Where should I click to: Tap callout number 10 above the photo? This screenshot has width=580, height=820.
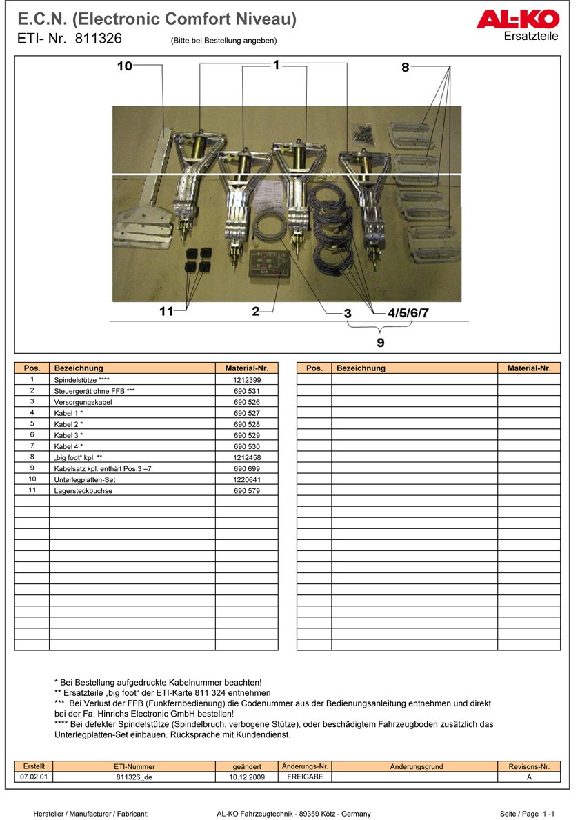click(124, 66)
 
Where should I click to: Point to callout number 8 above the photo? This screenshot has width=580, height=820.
click(406, 67)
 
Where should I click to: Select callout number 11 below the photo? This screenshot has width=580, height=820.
click(166, 311)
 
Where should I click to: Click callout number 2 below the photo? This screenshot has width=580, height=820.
click(255, 312)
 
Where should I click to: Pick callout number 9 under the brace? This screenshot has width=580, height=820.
click(380, 342)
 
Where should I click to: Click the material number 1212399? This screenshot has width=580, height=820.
click(246, 380)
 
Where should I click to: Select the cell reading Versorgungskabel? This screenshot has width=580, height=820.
click(83, 402)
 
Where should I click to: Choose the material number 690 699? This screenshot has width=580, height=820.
click(246, 468)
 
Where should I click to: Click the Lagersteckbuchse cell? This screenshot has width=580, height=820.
click(83, 490)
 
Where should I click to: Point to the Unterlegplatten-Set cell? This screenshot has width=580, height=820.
click(85, 479)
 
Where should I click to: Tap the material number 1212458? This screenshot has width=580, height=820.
click(246, 457)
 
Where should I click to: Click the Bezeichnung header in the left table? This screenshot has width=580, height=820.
click(79, 368)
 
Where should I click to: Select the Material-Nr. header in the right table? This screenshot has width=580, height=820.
click(529, 368)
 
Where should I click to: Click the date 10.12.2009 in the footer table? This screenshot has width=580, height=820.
click(247, 777)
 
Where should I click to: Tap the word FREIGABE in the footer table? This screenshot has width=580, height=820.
click(304, 777)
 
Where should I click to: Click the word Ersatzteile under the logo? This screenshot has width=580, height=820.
click(531, 37)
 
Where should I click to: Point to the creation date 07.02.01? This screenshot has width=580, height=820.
click(34, 777)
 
